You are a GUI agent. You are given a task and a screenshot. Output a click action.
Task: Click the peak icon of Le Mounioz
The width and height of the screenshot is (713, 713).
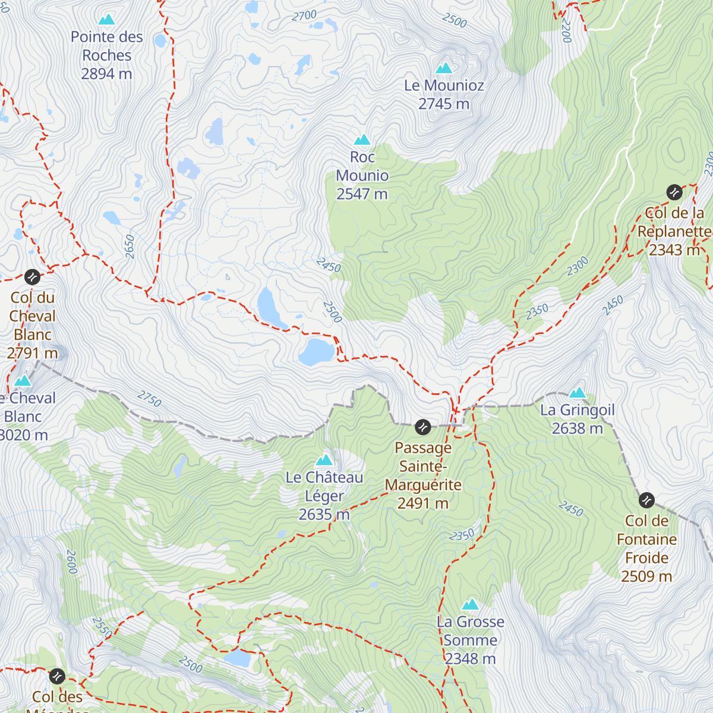coord(444,68)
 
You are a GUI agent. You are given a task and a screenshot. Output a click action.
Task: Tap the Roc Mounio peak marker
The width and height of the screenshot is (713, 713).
coord(362,140)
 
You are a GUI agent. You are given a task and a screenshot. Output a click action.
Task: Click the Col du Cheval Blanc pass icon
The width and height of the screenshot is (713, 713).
coord(32,277)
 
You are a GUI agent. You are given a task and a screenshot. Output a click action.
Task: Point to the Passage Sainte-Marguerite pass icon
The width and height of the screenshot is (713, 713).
coord(422,427)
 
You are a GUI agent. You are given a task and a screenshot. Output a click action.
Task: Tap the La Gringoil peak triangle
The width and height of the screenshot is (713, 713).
coord(578,393)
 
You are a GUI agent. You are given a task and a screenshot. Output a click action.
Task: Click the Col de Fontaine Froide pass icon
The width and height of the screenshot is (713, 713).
coord(646,500)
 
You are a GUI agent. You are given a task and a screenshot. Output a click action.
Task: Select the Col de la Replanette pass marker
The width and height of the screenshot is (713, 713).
coord(674,193)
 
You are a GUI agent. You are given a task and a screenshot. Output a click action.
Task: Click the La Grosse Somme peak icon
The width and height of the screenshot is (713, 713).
coord(471,604)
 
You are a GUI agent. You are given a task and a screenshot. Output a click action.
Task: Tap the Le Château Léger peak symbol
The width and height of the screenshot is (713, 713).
coord(324,460)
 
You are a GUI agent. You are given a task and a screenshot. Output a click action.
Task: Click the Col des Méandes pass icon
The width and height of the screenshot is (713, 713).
coord(56,676)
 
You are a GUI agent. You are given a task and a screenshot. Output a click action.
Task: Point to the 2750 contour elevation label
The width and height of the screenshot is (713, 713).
coord(149,399)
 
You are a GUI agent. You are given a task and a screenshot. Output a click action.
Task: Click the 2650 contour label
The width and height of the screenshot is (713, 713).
coord(130,247)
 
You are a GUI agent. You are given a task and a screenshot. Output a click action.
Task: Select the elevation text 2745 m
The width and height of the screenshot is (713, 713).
coord(444,104)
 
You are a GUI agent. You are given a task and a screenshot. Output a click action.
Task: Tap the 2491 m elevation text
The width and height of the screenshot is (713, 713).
coord(423,503)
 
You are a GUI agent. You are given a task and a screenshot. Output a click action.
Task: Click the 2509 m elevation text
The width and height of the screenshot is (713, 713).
coord(646,576)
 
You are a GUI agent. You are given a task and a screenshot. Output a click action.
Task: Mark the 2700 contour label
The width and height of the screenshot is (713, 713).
coord(304,16)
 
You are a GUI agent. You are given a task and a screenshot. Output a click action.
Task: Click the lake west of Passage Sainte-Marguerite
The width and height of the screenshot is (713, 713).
coord(316,351)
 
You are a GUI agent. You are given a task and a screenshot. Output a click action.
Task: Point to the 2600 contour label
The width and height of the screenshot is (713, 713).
coord(71,561)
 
